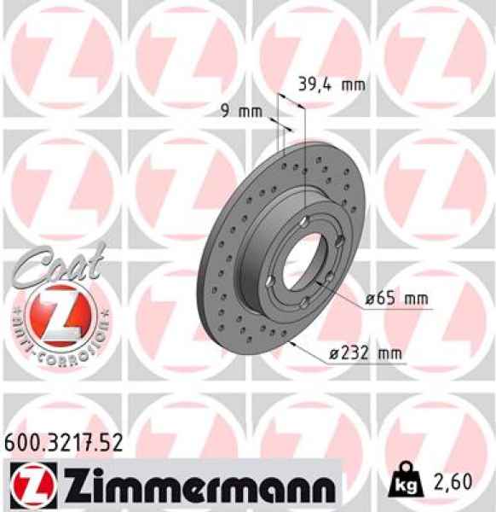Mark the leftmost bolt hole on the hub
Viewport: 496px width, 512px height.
271,281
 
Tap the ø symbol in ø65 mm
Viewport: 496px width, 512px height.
372,299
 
